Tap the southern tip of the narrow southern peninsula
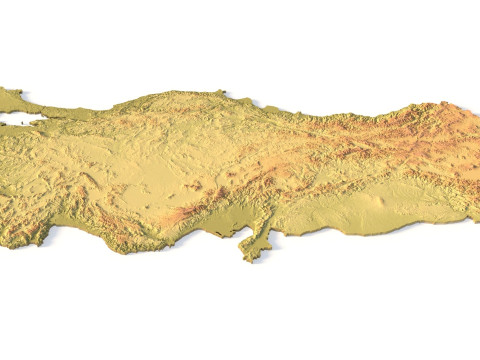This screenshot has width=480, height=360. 249,258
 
